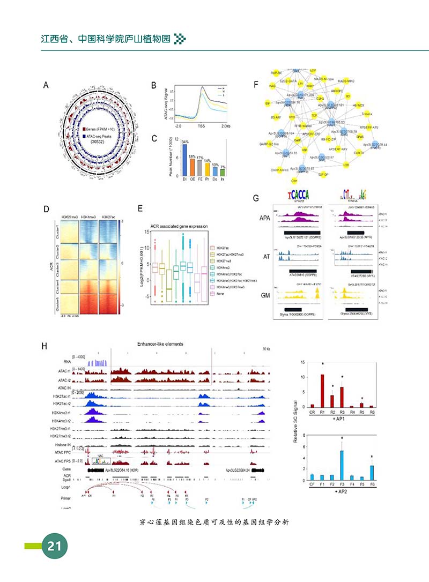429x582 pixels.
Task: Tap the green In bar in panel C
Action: (223, 173)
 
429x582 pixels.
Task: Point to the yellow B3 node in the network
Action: (348, 96)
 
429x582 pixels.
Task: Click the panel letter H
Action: (46, 346)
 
